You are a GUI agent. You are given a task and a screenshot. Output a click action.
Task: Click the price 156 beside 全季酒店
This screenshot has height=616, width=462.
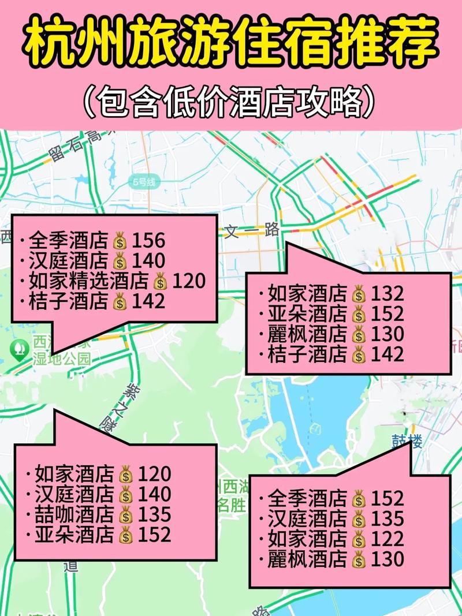[x=148, y=240]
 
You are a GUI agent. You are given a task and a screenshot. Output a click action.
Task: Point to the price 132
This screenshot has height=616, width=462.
[x=387, y=294]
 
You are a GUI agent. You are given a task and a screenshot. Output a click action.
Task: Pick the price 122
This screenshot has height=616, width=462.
[x=387, y=539]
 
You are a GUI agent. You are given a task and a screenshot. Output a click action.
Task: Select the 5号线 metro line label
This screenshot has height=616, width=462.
[x=144, y=182]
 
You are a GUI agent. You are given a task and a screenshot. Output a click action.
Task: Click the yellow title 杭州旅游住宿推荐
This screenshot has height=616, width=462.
[x=231, y=43]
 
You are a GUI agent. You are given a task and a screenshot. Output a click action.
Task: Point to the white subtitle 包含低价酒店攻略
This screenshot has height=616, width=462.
[x=231, y=102]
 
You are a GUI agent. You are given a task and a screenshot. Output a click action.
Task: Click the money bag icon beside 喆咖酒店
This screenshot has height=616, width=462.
[x=125, y=514]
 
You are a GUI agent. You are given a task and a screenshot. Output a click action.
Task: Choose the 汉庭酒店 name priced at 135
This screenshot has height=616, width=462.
[x=307, y=519]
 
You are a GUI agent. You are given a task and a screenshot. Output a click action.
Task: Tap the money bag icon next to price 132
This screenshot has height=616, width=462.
[x=359, y=295]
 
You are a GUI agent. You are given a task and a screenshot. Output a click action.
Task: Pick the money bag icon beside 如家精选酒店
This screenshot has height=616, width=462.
[x=160, y=282]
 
